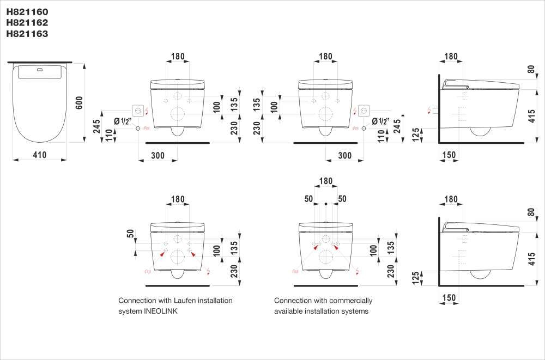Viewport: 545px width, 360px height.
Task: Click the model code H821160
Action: (27, 11)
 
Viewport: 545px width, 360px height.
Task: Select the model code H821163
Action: (27, 34)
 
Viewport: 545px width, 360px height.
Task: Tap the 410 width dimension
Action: (40, 155)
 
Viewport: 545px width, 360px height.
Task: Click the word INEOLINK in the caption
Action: (159, 312)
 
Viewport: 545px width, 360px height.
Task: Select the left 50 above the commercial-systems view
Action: (309, 199)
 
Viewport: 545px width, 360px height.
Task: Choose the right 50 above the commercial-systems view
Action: (342, 199)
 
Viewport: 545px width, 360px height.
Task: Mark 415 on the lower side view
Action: (531, 260)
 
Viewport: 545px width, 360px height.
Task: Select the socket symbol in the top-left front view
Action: (138, 111)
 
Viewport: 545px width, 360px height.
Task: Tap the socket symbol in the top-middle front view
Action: (365, 111)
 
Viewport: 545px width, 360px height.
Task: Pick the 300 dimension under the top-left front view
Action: (158, 155)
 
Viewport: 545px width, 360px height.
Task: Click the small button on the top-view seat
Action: (39, 70)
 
